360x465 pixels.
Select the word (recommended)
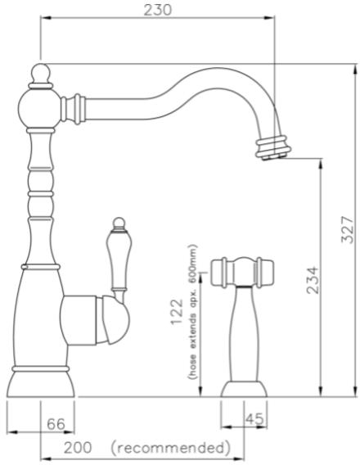pos(169,448)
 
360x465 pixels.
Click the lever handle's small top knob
pos(118,223)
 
